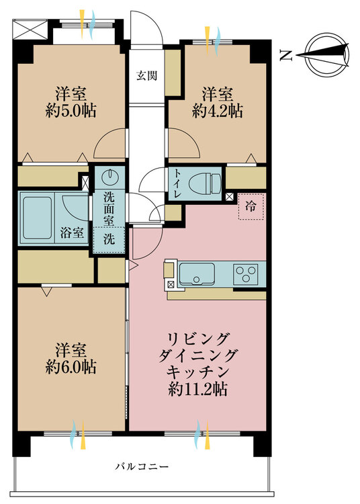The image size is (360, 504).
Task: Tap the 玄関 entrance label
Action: [x=147, y=76]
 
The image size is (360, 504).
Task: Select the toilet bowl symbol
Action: [x=205, y=184]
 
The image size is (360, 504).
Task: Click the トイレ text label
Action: [x=177, y=183]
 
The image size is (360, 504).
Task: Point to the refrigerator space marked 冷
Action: [x=251, y=207]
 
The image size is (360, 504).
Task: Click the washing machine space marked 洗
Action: [x=109, y=239]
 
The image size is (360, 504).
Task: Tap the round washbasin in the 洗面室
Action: [x=110, y=177]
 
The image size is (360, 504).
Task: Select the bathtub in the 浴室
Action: [x=37, y=218]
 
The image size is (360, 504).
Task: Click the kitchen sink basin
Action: [x=197, y=274]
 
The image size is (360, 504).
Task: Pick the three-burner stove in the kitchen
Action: [x=246, y=274]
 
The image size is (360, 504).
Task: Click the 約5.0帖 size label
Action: [x=71, y=111]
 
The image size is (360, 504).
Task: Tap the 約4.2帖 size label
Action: [x=218, y=111]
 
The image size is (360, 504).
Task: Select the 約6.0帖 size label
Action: [x=71, y=368]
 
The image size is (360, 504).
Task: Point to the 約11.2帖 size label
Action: [x=198, y=389]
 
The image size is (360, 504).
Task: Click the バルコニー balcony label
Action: [x=142, y=466]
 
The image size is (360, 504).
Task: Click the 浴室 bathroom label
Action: [x=73, y=233]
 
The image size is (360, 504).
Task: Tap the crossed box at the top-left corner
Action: [x=30, y=30]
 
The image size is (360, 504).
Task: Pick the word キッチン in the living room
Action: [x=197, y=372]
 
